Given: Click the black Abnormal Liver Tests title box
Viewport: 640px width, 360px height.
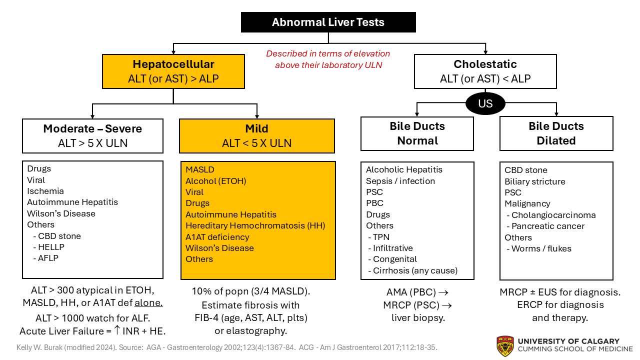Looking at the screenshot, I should click(328, 22).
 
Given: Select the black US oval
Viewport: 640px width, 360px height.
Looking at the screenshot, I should click(485, 103).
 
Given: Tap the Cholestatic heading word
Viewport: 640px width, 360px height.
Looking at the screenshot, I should click(485, 64).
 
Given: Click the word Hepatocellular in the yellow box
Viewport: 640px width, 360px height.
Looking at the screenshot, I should click(173, 64).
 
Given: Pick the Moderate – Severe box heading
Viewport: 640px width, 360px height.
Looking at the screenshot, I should click(92, 129).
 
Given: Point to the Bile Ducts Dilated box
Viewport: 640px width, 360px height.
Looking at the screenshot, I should click(556, 133).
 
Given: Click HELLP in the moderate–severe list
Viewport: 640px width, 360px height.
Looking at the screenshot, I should click(51, 247).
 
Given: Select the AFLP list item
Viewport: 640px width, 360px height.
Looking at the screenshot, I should click(49, 258).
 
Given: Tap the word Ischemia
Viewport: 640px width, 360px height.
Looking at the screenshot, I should click(45, 191).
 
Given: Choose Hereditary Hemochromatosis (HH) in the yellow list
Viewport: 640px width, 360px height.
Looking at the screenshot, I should click(255, 225).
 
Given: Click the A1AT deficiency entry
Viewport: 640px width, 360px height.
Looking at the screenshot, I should click(217, 236).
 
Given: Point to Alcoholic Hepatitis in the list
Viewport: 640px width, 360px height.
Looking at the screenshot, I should click(404, 169).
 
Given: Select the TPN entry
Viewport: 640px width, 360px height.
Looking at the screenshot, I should click(381, 236).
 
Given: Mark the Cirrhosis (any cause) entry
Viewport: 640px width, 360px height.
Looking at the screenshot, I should click(415, 270).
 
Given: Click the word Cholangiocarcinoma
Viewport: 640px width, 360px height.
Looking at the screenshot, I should click(553, 215).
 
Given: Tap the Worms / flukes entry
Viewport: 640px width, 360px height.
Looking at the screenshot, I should click(541, 248).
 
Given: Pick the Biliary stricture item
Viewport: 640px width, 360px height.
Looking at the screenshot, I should click(534, 181).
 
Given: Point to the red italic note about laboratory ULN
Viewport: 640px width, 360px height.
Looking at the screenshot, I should click(328, 59).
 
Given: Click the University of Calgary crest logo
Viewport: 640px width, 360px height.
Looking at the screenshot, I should click(505, 345).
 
